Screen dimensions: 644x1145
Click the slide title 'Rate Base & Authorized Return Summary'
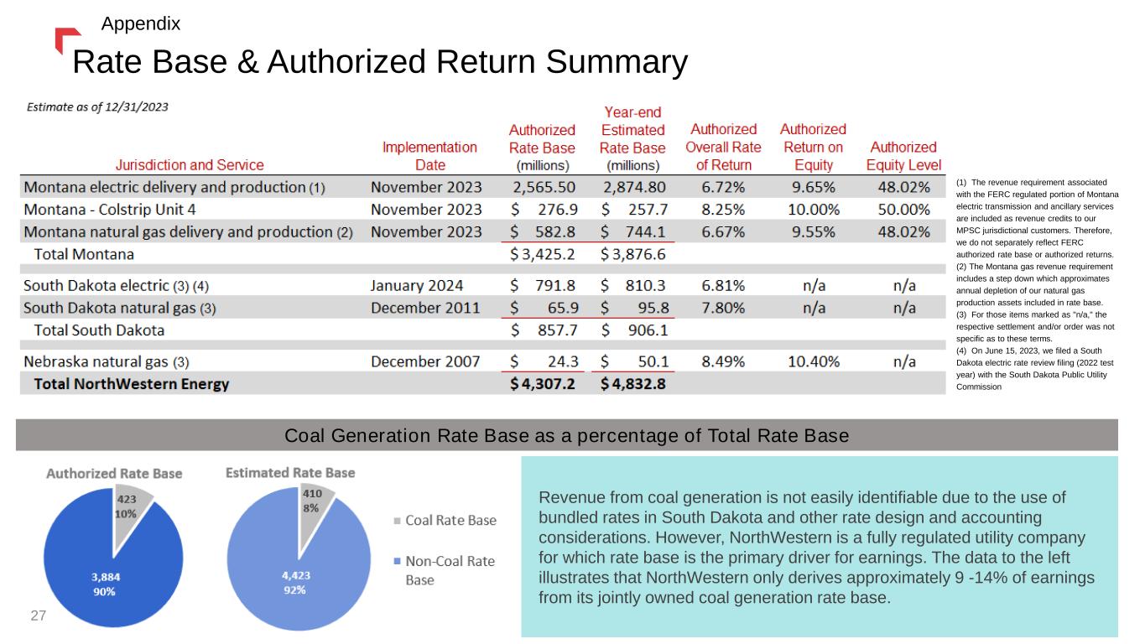tap(380, 62)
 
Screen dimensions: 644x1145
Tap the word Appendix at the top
tap(140, 23)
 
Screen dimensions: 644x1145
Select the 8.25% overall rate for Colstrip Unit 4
tap(722, 209)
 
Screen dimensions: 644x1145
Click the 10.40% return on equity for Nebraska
tap(813, 361)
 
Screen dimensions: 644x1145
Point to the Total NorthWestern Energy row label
tap(131, 385)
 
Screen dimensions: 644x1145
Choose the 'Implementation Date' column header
tap(429, 155)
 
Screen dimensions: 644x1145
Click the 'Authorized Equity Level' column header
tap(903, 155)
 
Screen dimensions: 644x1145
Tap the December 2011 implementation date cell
tap(425, 307)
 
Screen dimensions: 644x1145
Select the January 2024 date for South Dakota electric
tap(416, 285)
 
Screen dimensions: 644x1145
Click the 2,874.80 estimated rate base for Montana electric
tap(634, 185)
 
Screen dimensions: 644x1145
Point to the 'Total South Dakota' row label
tap(98, 330)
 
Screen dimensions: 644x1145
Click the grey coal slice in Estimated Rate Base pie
tap(315, 501)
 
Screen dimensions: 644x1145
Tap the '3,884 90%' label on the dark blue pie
tap(104, 583)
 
